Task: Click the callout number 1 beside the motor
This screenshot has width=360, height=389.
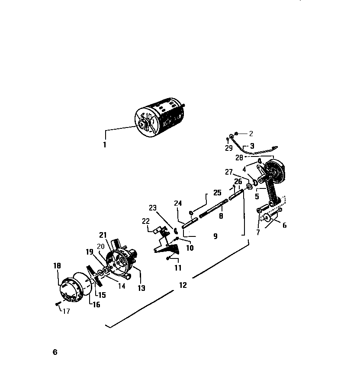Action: click(x=104, y=145)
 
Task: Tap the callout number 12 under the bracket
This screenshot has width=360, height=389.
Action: click(x=183, y=285)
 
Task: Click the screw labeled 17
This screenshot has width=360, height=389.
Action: click(x=57, y=304)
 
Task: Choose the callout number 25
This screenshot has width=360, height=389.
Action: click(x=217, y=192)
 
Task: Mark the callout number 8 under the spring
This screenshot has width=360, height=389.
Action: click(x=221, y=216)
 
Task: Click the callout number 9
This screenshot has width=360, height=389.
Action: click(x=215, y=236)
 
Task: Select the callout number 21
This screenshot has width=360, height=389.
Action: click(x=103, y=235)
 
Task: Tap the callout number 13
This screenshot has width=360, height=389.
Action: click(x=141, y=288)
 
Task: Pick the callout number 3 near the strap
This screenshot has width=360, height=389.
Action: click(x=252, y=146)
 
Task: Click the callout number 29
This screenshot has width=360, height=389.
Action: click(x=229, y=148)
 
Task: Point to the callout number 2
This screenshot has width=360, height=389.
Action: click(x=251, y=134)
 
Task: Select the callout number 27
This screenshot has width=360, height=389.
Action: click(x=229, y=172)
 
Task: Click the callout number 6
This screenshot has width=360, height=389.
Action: click(x=284, y=225)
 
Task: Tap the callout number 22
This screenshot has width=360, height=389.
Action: click(x=145, y=221)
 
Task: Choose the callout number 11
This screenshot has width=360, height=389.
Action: click(x=178, y=268)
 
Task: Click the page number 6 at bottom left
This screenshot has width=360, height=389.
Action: click(x=55, y=352)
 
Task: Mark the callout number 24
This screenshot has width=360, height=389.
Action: click(x=178, y=203)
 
